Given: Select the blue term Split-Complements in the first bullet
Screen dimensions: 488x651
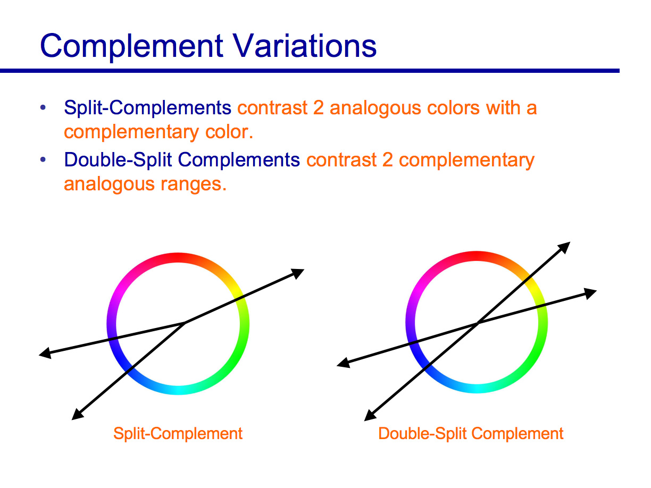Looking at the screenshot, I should pos(147,108).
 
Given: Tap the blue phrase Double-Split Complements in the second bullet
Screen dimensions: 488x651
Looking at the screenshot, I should pos(182,159).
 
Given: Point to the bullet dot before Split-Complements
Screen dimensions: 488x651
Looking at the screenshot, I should pos(43,108).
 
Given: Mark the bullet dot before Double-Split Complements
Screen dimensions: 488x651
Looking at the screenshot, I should pos(43,159).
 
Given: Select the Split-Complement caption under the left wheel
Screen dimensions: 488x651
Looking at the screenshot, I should pos(178,433).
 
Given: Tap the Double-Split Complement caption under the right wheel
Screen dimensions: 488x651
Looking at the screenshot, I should pos(471,433).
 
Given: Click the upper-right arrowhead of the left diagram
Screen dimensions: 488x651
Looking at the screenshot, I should pos(298,273).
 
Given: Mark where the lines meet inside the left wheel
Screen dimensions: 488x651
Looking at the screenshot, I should pos(185,322).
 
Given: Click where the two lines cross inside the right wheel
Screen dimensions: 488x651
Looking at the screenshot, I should pos(477,323).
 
